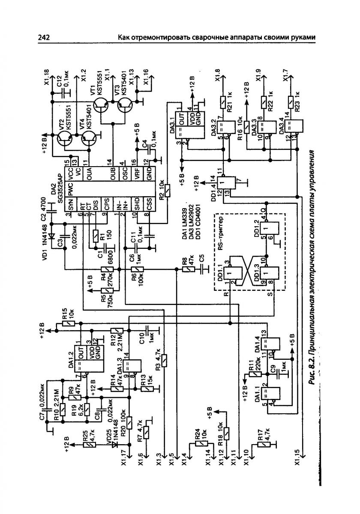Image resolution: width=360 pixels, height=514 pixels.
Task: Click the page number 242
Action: pos(44,38)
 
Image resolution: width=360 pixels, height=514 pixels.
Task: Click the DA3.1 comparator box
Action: pos(185,124)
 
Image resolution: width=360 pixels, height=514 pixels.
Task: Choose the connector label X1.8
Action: pos(218,76)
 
